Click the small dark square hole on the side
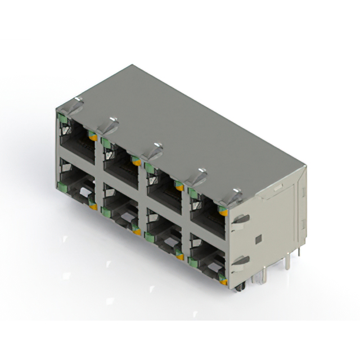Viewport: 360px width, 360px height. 258,240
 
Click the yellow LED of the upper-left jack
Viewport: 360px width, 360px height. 93,137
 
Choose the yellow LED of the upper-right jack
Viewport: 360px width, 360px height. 224,211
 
